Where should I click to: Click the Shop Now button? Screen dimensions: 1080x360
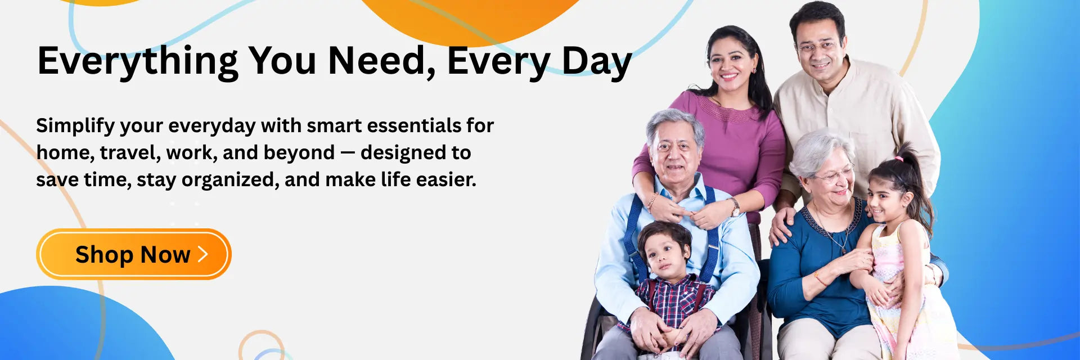(134, 254)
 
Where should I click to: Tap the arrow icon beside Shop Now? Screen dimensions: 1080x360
(203, 254)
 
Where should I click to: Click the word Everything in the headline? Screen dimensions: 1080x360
(138, 61)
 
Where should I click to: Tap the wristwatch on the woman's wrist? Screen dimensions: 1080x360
(735, 208)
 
